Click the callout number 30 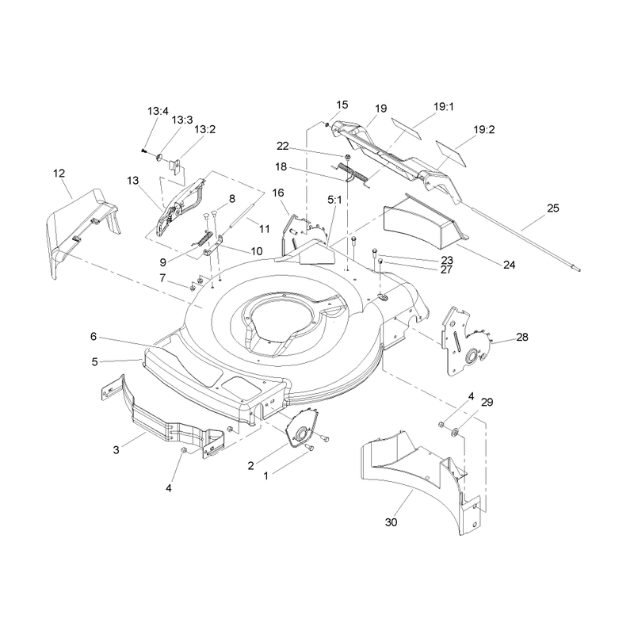click(391, 522)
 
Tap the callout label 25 click(552, 208)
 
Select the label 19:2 click(484, 130)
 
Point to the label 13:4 click(158, 111)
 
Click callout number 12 click(59, 173)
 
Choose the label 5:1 click(334, 200)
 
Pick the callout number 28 click(522, 337)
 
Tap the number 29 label click(487, 403)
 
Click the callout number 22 click(283, 146)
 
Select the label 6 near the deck click(94, 336)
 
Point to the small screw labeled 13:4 click(143, 151)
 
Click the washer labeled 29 click(454, 433)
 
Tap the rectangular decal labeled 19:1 click(406, 128)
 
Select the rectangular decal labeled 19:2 click(451, 153)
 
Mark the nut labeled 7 click(193, 287)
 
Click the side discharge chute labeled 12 click(83, 231)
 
